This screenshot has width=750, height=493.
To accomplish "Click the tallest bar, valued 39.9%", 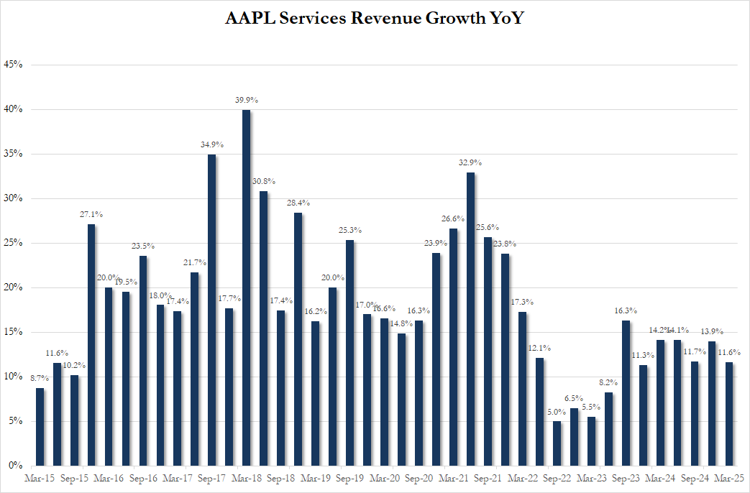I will click(246, 287).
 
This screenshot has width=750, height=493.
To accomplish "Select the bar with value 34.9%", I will click(211, 310).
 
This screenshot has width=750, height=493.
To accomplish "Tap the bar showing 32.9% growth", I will click(470, 319).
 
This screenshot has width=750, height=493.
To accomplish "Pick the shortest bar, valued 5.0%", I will click(557, 443).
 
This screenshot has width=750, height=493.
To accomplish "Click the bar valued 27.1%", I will click(91, 345).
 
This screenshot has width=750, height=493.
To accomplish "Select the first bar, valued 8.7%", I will click(40, 427).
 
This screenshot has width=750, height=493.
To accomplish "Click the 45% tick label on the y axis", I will click(14, 65).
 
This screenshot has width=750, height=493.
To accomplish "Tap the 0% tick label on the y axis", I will click(16, 466).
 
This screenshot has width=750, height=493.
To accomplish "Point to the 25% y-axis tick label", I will click(14, 243).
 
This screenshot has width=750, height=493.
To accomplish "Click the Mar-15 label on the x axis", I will click(38, 478).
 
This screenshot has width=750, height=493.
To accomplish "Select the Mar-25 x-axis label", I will click(728, 478).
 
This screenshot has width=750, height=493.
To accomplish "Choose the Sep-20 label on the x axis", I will click(418, 478).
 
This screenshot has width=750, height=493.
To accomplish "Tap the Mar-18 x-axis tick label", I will click(245, 478).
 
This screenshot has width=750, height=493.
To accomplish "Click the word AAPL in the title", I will click(250, 19).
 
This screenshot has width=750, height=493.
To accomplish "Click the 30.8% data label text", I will click(263, 181).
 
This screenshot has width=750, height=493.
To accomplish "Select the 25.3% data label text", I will click(349, 230).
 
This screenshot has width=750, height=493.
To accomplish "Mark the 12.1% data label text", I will click(539, 348).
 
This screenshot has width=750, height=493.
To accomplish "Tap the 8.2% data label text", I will click(608, 383).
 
